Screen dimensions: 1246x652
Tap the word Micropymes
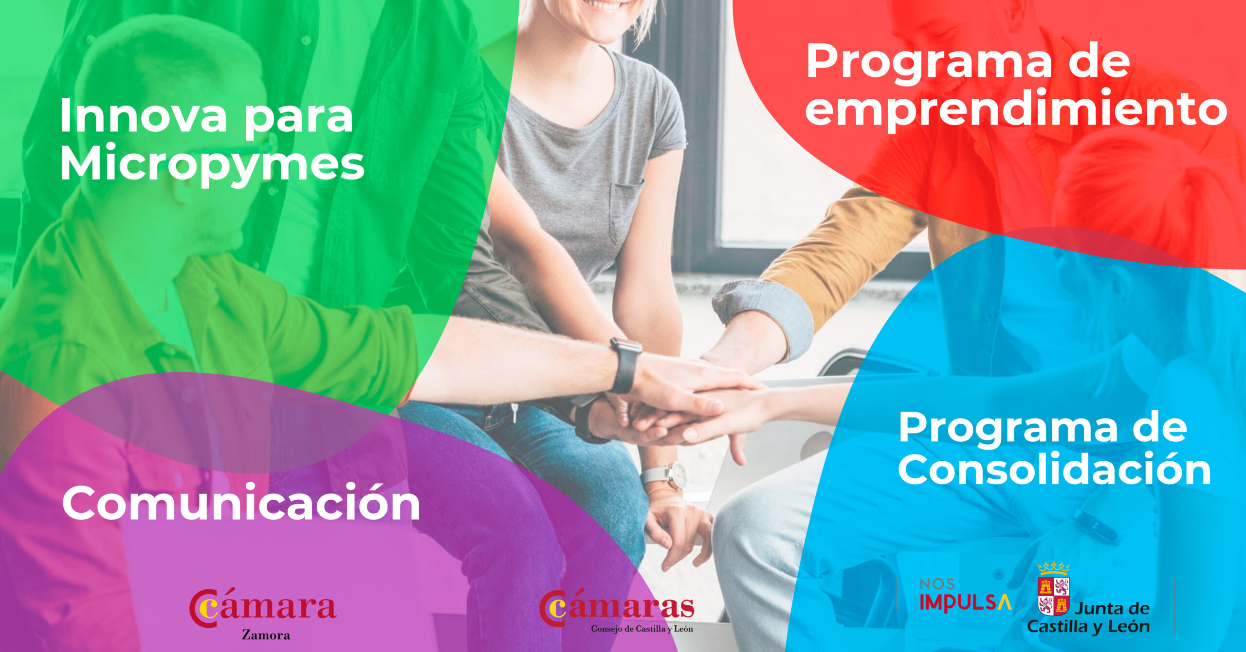pyautogui.click(x=212, y=164)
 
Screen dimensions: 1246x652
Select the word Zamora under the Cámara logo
pyautogui.click(x=266, y=635)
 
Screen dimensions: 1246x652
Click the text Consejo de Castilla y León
pyautogui.click(x=642, y=629)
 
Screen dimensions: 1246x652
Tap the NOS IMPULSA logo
pyautogui.click(x=965, y=595)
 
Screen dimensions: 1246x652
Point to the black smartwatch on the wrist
pyautogui.click(x=625, y=365)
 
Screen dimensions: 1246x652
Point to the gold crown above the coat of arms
pyautogui.click(x=1053, y=568)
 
